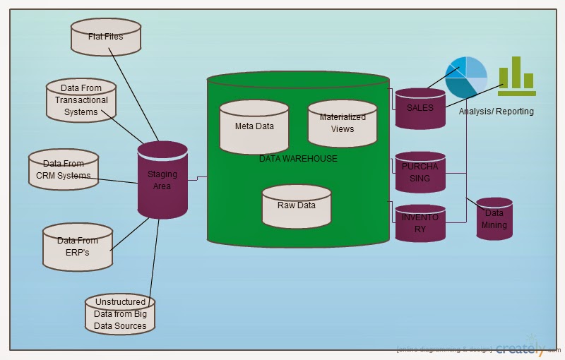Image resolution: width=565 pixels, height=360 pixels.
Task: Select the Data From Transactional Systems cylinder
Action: (81, 100)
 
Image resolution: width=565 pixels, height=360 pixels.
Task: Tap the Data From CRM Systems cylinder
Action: (64, 169)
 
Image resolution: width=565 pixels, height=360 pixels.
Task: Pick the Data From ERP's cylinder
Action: (78, 246)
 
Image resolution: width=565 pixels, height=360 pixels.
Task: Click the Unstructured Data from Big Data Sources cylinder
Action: (120, 314)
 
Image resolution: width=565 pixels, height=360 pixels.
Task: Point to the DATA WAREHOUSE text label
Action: (298, 159)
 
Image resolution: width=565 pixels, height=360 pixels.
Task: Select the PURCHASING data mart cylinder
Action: (420, 172)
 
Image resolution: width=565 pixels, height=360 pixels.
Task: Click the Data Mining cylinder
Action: (494, 219)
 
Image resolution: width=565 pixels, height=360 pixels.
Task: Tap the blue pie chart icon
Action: (466, 77)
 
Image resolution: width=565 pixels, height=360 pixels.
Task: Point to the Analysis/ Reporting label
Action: (496, 112)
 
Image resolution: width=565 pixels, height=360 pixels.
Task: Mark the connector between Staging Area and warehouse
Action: (197, 179)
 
